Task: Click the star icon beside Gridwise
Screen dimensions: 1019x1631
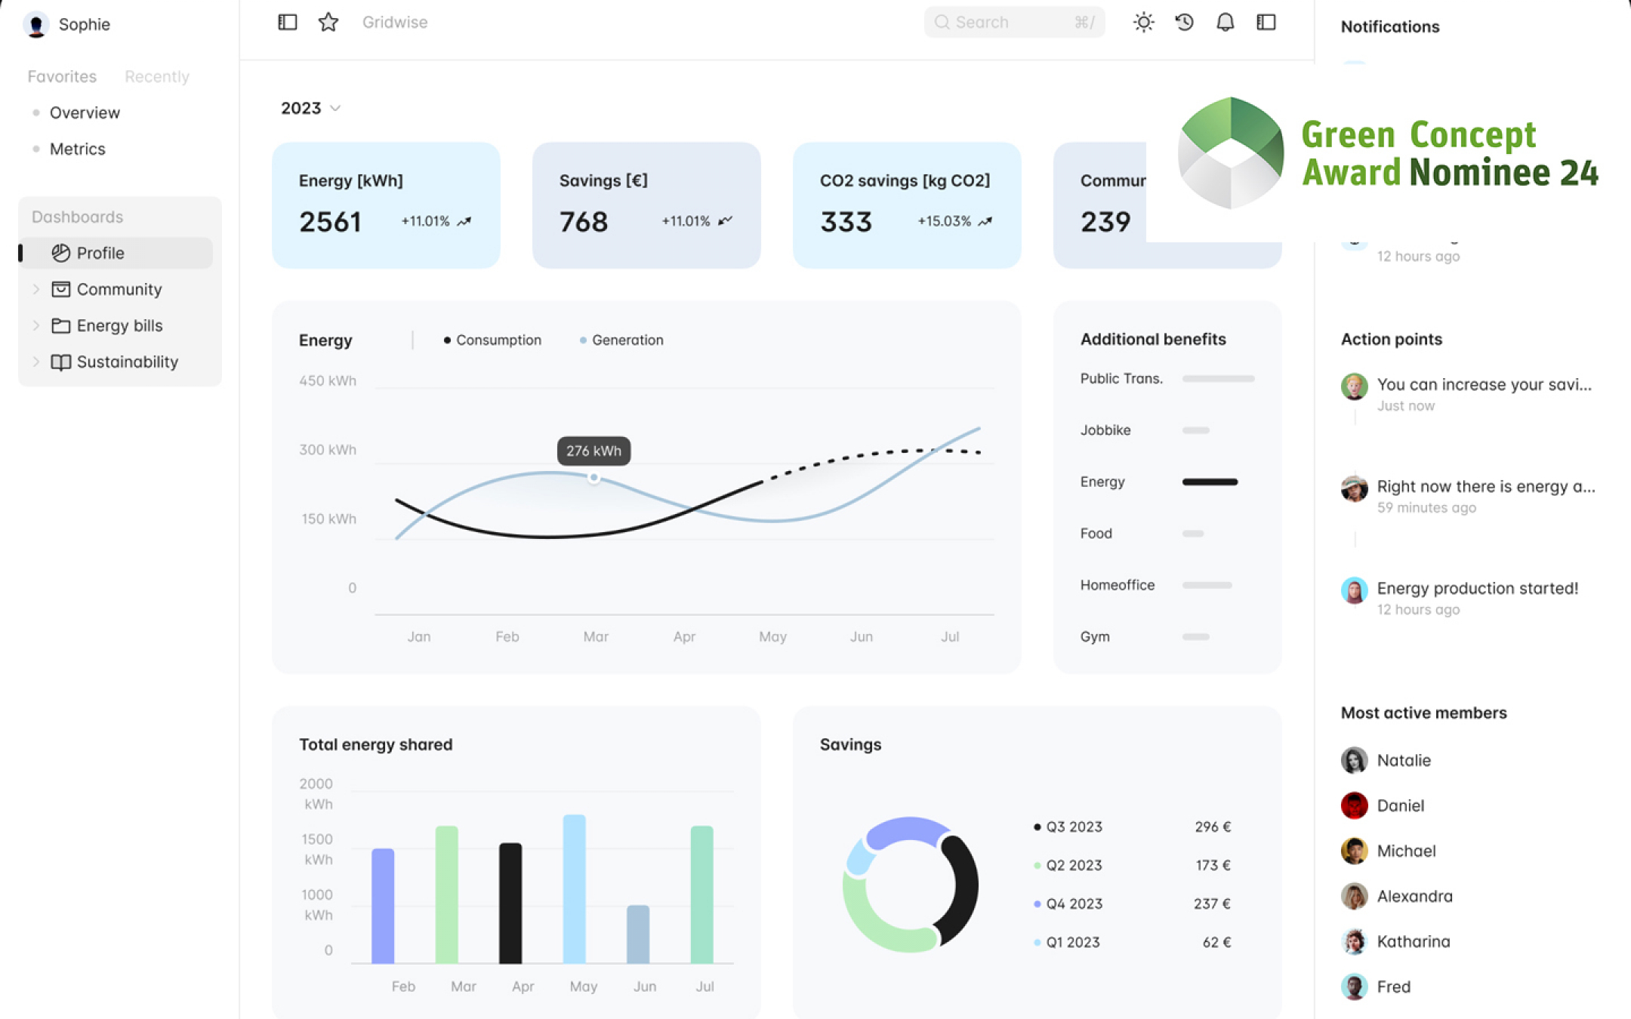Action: pos(328,23)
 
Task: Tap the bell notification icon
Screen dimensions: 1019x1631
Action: pos(1225,23)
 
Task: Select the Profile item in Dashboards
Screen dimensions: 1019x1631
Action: pos(100,253)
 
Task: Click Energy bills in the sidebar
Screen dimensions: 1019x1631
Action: pos(119,325)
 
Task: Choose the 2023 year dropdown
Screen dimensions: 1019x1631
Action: pos(310,109)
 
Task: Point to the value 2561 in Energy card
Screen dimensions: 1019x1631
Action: pos(330,222)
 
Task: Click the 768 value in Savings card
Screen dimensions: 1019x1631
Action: pos(583,222)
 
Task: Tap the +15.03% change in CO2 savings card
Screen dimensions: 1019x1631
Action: pos(944,221)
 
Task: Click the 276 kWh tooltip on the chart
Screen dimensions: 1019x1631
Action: pos(594,451)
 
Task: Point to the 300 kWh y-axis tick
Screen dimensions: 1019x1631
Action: pos(328,450)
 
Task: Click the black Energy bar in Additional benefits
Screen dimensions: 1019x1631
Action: pos(1210,482)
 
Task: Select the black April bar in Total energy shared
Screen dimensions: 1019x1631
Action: pos(510,903)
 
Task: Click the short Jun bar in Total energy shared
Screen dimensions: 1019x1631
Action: pos(638,934)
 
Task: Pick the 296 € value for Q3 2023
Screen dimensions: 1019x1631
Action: pos(1213,827)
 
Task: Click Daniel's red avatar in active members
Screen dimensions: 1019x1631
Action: pos(1354,805)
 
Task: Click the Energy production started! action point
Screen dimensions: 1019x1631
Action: pos(1477,589)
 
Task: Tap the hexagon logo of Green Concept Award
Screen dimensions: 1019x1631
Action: pos(1231,153)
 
